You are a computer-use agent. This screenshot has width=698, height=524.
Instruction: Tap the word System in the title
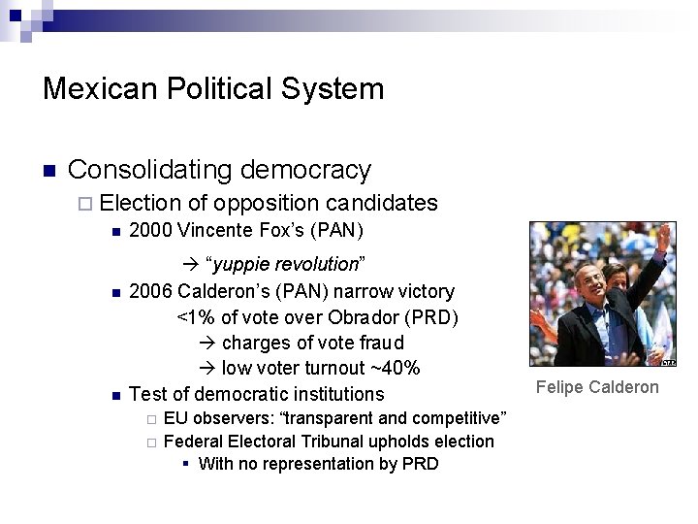pos(334,90)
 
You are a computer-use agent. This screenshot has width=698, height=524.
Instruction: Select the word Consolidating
pos(149,171)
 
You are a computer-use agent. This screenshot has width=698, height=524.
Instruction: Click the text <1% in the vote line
pos(196,316)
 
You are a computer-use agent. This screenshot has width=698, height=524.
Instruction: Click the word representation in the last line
pos(325,464)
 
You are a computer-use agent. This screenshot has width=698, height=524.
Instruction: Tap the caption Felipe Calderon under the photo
pos(596,387)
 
